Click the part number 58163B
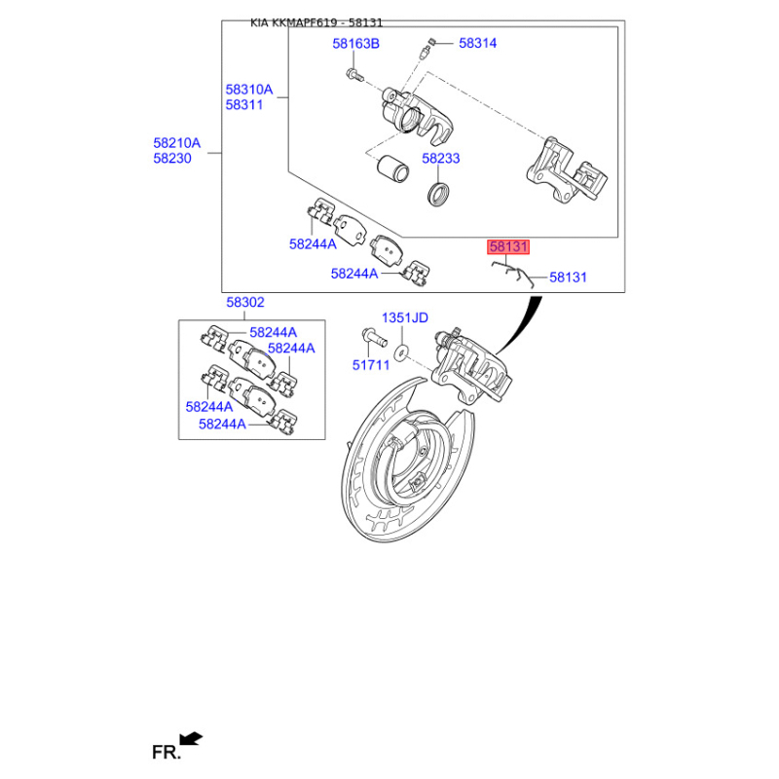(x=355, y=44)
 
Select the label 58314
(x=477, y=43)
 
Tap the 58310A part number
(x=249, y=90)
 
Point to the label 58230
(x=172, y=158)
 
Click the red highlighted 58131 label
(x=508, y=247)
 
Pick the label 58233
(x=441, y=158)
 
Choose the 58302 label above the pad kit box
(x=245, y=302)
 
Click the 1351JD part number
(x=404, y=317)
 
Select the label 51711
(x=371, y=365)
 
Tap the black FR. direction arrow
(x=191, y=738)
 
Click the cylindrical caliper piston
(x=392, y=168)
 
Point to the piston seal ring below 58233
(x=439, y=194)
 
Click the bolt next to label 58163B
(x=354, y=76)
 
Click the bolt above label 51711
(x=373, y=337)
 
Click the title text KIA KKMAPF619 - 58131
(x=315, y=22)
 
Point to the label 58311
(x=244, y=105)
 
